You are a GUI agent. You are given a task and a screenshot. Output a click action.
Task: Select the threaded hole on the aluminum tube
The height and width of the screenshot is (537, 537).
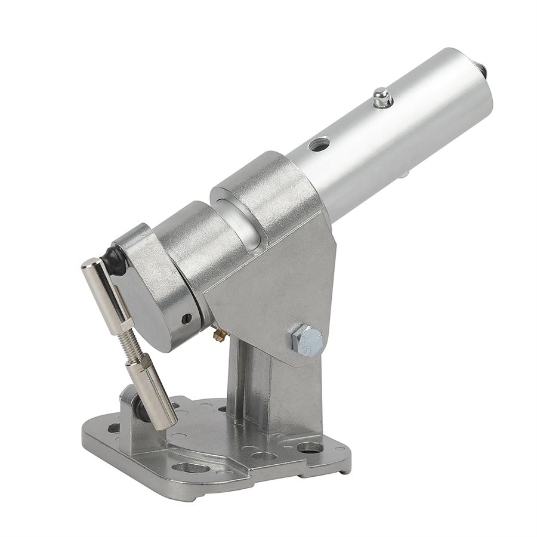[x=319, y=144]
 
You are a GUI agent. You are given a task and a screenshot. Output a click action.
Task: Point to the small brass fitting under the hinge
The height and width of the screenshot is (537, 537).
[x=219, y=335]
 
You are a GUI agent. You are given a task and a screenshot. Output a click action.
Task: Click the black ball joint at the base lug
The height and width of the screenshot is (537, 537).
[x=138, y=409]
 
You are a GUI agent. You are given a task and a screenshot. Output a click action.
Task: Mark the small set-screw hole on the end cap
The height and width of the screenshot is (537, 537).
[x=187, y=319]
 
